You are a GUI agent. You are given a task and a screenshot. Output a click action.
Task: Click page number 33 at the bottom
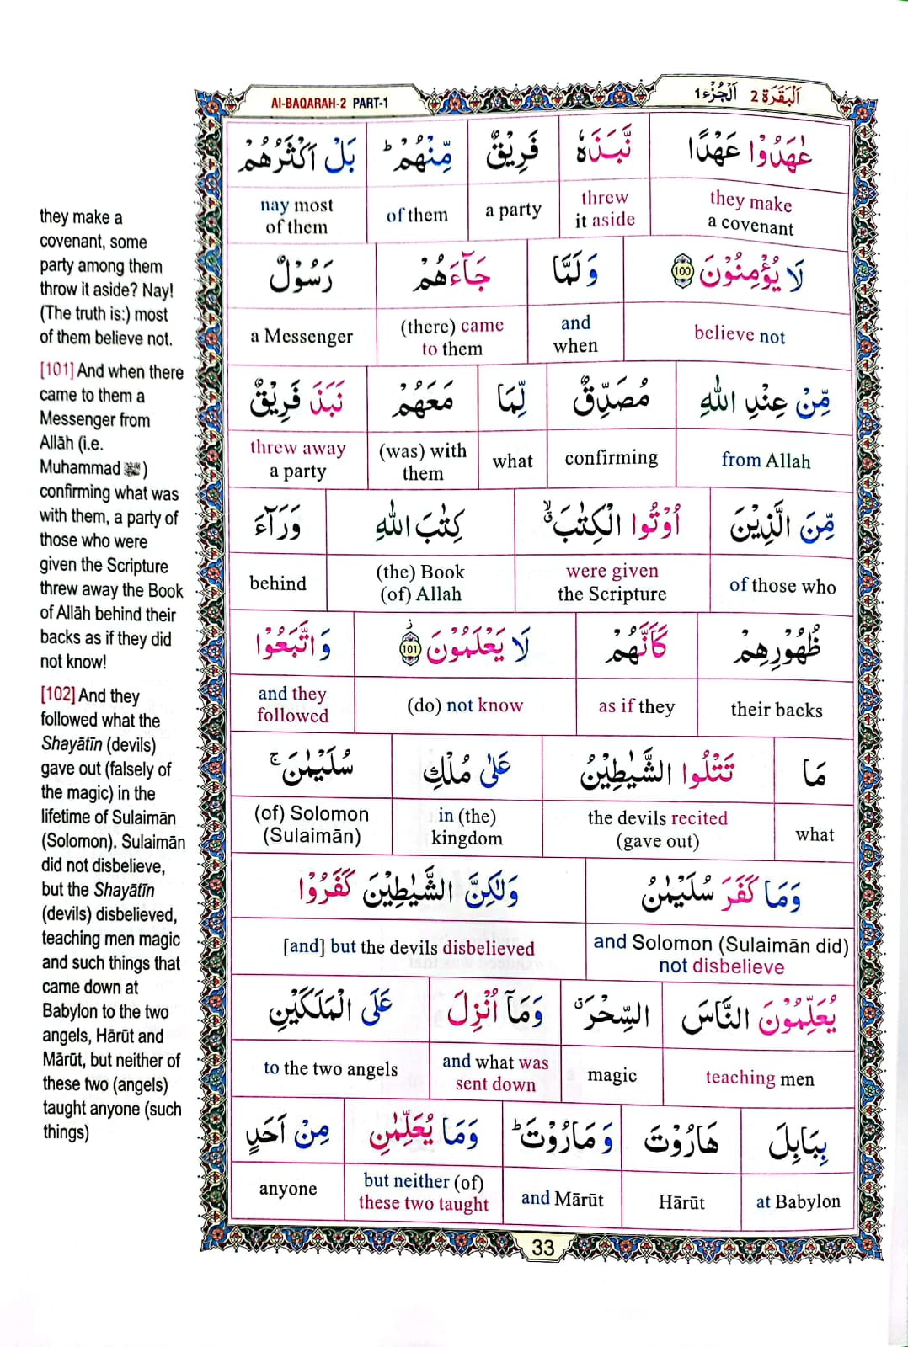[543, 1247]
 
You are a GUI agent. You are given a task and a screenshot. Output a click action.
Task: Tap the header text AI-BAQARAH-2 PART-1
[329, 104]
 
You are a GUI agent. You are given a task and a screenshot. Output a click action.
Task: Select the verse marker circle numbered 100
[682, 273]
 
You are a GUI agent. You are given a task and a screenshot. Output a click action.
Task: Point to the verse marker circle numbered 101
[409, 649]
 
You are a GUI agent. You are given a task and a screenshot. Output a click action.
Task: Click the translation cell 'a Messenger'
[302, 337]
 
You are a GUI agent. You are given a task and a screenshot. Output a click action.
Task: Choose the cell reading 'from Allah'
[766, 461]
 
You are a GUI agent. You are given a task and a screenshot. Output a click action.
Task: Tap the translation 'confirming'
[611, 458]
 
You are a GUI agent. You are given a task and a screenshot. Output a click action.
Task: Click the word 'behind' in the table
[278, 583]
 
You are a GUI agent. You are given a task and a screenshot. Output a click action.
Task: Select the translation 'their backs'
[777, 710]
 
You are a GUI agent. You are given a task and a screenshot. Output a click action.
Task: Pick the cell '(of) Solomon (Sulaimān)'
[312, 825]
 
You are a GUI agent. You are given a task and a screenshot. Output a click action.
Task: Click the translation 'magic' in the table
[612, 1075]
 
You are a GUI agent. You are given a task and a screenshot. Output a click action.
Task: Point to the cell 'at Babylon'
[798, 1201]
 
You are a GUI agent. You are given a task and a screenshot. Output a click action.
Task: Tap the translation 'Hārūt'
[681, 1202]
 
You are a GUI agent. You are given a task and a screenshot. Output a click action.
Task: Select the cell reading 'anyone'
[288, 1189]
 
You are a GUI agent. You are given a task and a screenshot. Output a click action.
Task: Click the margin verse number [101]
[56, 371]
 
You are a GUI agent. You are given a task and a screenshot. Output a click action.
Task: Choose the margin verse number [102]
[57, 695]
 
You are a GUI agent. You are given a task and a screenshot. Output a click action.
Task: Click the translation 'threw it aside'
[605, 209]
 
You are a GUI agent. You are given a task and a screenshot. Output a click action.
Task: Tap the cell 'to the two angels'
[330, 1068]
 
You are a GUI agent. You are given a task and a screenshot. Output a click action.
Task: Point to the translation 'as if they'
[637, 706]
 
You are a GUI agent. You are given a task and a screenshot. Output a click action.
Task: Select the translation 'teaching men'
[760, 1078]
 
